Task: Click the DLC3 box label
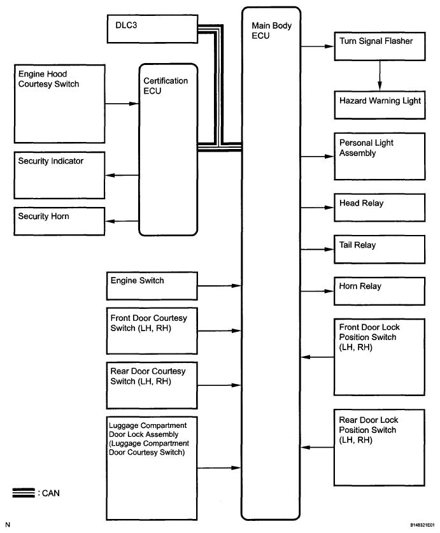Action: point(126,25)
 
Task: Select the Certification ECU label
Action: point(166,86)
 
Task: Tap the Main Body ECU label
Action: point(272,31)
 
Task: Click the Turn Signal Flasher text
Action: point(376,41)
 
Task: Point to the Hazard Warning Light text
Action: point(380,101)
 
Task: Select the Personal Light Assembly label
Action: point(366,148)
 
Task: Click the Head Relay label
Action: point(362,203)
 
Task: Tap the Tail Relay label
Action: point(357,245)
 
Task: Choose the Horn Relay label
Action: point(360,286)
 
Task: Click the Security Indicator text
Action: point(51,161)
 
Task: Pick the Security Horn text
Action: point(43,216)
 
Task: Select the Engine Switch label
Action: point(138,280)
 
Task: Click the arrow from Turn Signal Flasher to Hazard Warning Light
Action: point(380,76)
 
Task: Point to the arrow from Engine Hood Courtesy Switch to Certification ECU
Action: point(122,104)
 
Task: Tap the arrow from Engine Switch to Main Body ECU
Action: point(220,286)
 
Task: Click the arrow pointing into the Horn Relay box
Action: point(318,291)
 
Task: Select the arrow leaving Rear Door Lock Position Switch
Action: point(318,447)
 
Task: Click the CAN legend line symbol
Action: point(24,493)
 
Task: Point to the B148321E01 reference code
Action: point(422,525)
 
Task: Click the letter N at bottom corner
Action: point(8,525)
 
